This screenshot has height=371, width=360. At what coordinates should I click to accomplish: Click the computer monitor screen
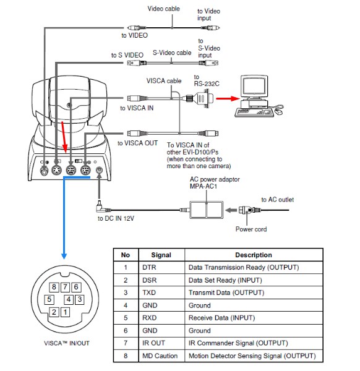tap(254, 86)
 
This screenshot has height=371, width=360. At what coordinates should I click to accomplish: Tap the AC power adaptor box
tap(206, 210)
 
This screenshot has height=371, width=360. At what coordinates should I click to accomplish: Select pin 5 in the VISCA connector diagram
tap(49, 299)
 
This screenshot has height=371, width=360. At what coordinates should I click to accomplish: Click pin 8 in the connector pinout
tap(54, 287)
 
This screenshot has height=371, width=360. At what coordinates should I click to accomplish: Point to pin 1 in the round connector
tap(66, 312)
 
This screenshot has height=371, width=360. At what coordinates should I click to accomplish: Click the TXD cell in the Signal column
tap(149, 292)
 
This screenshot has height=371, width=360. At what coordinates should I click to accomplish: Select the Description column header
tap(254, 255)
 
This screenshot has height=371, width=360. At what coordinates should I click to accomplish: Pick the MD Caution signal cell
tap(160, 356)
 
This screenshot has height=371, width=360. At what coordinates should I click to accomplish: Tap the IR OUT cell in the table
tap(153, 343)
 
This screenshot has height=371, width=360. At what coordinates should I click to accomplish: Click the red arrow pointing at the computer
tap(228, 98)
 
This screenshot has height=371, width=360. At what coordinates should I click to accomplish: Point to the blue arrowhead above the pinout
tap(64, 256)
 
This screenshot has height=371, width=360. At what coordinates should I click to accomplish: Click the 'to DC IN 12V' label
tap(116, 218)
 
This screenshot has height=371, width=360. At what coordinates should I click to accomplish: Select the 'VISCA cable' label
tap(164, 81)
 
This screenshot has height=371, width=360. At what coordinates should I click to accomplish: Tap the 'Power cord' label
tap(251, 229)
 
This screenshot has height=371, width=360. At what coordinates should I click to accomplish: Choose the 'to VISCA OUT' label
tap(137, 143)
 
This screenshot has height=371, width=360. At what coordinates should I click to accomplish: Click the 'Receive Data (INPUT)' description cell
tap(221, 318)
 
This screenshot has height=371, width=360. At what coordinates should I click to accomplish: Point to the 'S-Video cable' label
tap(172, 53)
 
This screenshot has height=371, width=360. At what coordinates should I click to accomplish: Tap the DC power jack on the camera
tap(99, 170)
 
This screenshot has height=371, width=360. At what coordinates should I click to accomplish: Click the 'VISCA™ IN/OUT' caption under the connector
tap(67, 343)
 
